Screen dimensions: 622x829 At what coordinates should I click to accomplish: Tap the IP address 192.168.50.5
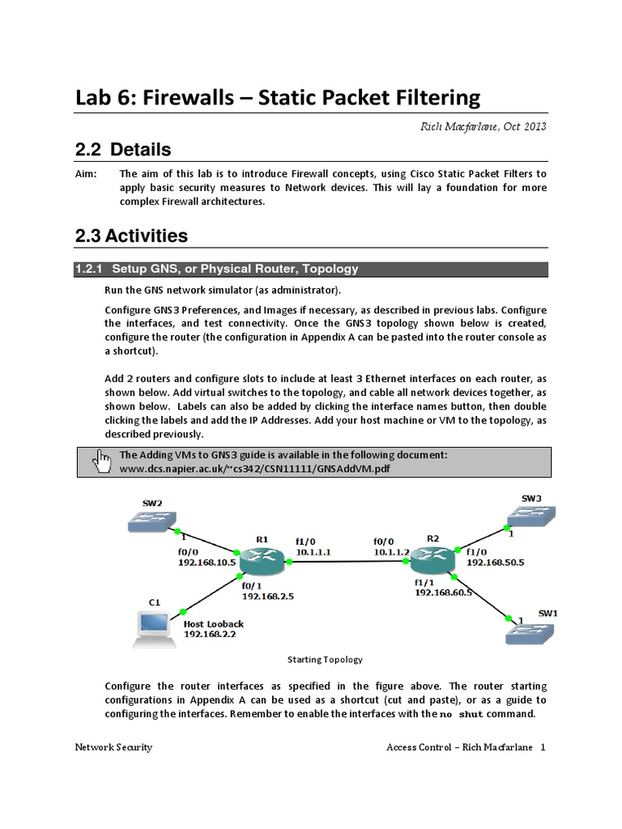(x=496, y=561)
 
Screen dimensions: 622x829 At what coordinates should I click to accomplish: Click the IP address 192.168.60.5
(x=443, y=593)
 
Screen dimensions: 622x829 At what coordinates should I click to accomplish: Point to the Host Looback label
(x=214, y=624)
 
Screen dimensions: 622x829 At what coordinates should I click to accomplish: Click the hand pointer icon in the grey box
(x=102, y=461)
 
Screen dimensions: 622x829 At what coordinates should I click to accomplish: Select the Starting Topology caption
(x=324, y=660)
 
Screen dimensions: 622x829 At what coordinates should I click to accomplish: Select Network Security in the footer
(x=113, y=747)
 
